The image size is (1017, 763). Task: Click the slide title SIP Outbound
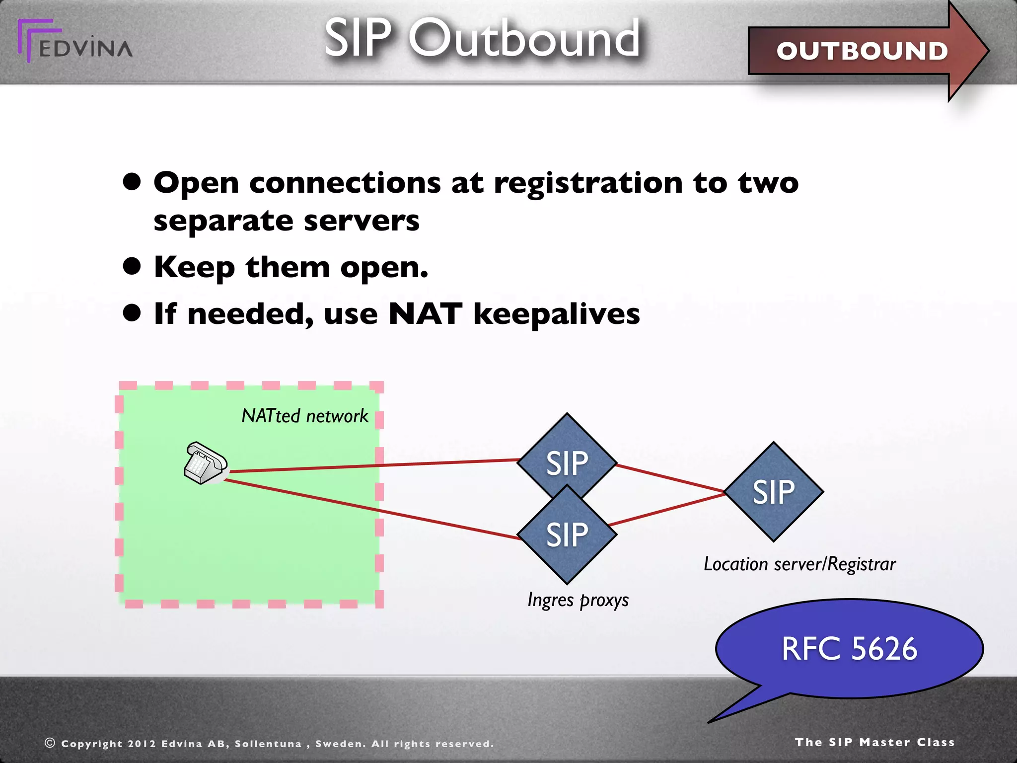482,39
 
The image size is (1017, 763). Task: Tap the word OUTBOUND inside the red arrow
862,51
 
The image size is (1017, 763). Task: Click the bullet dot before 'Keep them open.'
132,266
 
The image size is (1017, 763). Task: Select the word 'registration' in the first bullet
588,184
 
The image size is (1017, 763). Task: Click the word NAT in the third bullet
425,314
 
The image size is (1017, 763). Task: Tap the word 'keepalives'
556,315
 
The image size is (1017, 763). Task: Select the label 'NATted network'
304,416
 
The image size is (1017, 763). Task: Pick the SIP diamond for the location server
773,492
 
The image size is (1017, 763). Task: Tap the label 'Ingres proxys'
578,600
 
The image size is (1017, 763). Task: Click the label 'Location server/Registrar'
799,564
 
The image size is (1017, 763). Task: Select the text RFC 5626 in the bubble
849,649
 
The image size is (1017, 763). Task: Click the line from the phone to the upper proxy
372,465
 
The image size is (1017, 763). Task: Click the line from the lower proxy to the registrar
665,510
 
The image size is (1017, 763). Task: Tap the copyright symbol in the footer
50,743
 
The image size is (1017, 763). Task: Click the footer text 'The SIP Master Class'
874,742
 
